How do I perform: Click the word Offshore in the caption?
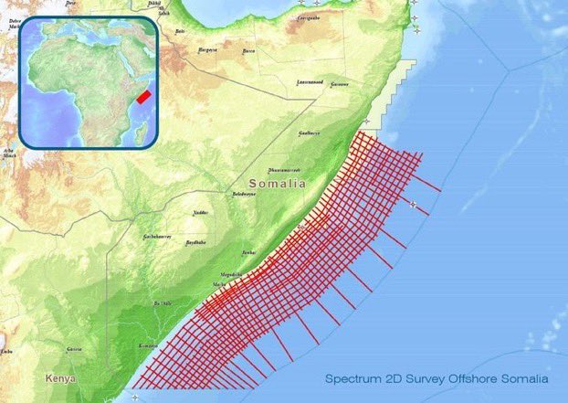pyautogui.click(x=464, y=377)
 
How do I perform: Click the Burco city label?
pyautogui.click(x=248, y=52)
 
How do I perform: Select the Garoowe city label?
pyautogui.click(x=340, y=83)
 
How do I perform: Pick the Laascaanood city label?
pyautogui.click(x=309, y=81)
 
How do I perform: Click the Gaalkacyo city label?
pyautogui.click(x=309, y=133)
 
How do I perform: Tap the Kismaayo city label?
pyautogui.click(x=148, y=346)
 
